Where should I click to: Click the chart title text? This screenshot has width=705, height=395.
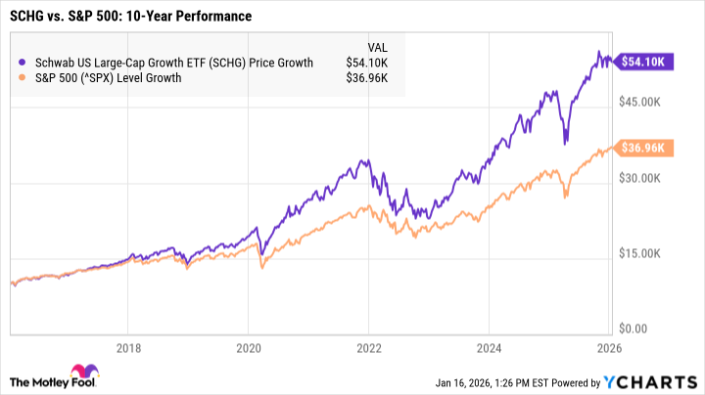pyautogui.click(x=130, y=17)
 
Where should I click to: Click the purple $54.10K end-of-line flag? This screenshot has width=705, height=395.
pyautogui.click(x=640, y=62)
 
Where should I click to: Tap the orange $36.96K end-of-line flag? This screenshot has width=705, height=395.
pyautogui.click(x=640, y=148)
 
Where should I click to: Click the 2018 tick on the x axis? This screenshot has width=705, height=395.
pyautogui.click(x=129, y=346)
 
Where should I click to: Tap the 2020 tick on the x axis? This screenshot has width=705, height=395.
pyautogui.click(x=250, y=346)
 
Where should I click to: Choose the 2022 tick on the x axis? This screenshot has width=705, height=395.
pyautogui.click(x=369, y=346)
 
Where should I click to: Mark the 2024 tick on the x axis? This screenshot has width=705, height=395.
pyautogui.click(x=490, y=346)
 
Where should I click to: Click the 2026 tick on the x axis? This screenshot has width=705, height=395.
pyautogui.click(x=609, y=346)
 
